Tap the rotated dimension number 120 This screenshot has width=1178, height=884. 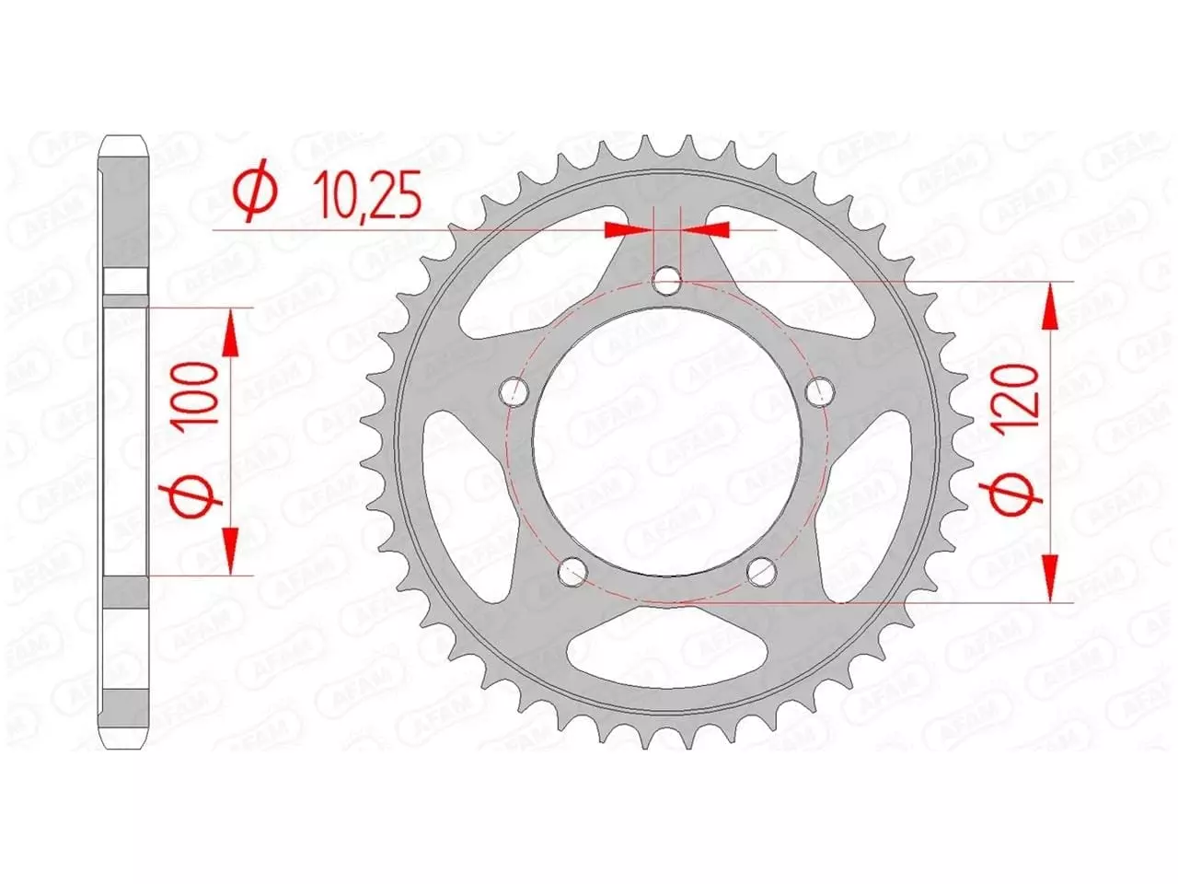click(1022, 393)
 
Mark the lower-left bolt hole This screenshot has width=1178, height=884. click(572, 571)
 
